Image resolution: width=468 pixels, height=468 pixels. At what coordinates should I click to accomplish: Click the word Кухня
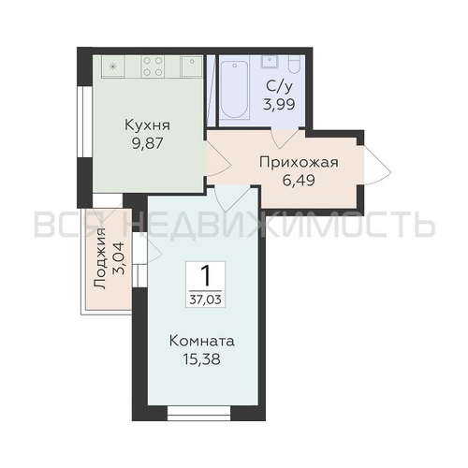(x=148, y=125)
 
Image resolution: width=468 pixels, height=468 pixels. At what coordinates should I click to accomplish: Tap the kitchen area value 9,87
(x=148, y=143)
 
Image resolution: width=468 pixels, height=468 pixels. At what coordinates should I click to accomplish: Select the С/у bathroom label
(x=280, y=86)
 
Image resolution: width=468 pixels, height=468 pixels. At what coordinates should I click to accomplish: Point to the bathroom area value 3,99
(x=279, y=104)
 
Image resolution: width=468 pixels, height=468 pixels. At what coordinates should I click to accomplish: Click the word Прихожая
(x=299, y=162)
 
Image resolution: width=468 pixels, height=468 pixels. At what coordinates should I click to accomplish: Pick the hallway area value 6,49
(x=299, y=180)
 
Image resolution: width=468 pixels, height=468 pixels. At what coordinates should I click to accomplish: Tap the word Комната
(x=202, y=341)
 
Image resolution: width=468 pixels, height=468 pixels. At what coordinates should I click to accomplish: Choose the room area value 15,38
(x=202, y=359)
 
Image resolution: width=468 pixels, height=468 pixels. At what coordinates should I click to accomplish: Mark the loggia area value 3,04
(x=119, y=258)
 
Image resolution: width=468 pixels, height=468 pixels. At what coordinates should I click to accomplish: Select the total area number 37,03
(x=205, y=300)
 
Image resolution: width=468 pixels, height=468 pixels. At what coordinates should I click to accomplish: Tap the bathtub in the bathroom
(x=234, y=90)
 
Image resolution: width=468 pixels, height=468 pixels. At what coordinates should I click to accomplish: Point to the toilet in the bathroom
(x=295, y=64)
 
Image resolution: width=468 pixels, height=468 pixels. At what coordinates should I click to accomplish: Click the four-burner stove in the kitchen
(x=153, y=66)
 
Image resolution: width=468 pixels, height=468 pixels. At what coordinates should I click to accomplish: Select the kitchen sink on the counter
(x=191, y=66)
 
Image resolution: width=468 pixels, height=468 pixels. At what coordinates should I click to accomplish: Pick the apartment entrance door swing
(x=377, y=165)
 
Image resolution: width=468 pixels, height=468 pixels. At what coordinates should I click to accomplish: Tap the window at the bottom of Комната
(x=199, y=413)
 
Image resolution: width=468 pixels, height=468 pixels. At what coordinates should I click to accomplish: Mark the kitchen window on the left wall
(x=84, y=122)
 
